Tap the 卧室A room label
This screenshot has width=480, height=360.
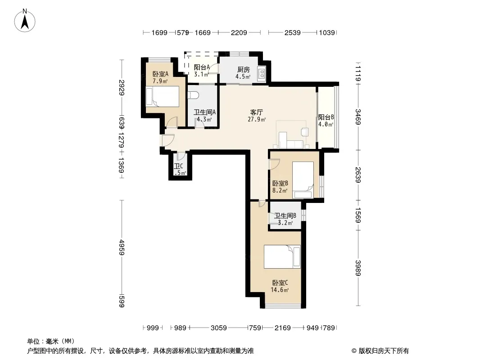pos(160,74)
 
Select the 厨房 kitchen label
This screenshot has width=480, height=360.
pos(243,70)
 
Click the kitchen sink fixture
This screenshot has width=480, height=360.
pos(262,73)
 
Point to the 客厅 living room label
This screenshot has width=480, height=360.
pos(257,112)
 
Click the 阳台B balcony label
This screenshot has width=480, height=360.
pos(326,117)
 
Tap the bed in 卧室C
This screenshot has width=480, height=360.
pos(282,256)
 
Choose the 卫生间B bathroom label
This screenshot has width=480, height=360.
pos(285,216)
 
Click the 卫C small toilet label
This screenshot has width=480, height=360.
pos(178,166)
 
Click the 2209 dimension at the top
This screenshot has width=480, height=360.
pos(239,32)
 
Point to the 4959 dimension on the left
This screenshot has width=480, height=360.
pos(122,247)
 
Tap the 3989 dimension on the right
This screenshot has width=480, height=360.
pos(358,268)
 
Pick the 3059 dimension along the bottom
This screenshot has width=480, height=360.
pos(218,328)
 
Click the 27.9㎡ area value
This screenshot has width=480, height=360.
pos(257,119)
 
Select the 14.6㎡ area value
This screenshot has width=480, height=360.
pos(280,290)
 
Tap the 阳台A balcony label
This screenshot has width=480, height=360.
pos(202,67)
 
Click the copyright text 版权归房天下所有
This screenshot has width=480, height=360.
pos(384,351)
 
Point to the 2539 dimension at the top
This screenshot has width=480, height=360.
pos(292,32)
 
